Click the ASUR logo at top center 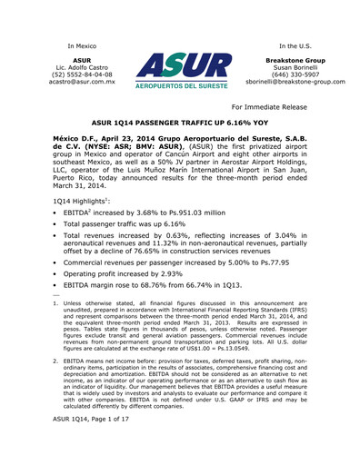(x=181, y=74)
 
